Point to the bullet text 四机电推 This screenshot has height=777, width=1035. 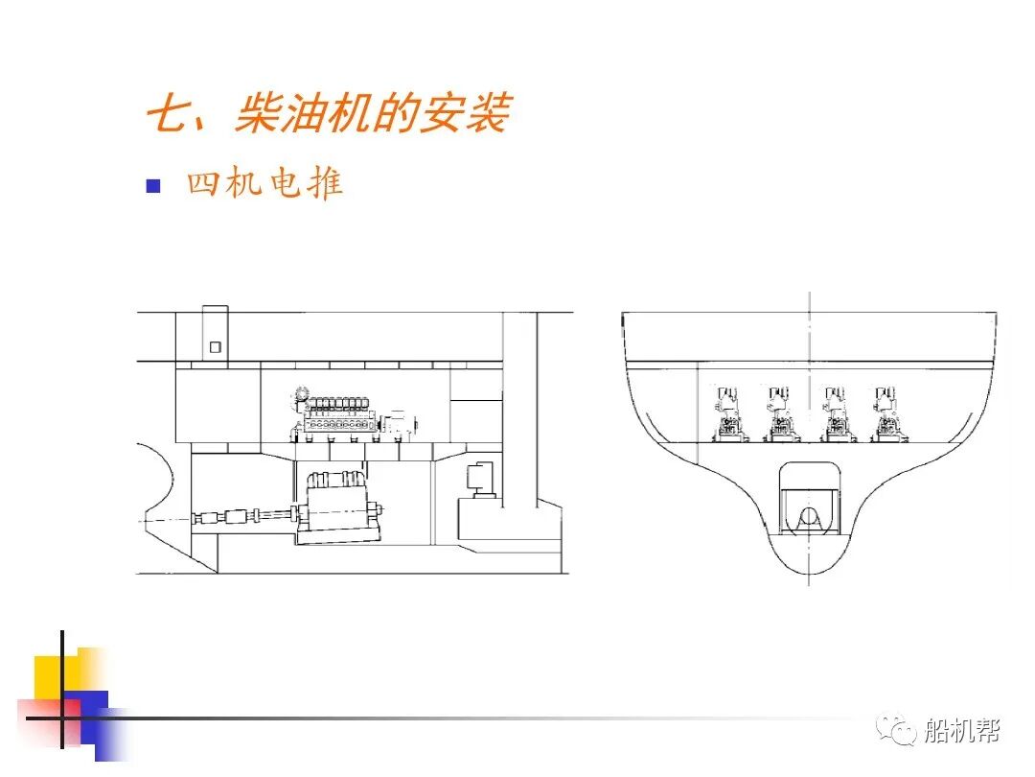pyautogui.click(x=264, y=183)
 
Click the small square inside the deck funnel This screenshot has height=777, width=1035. pyautogui.click(x=216, y=346)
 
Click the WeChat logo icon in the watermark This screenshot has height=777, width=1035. pyautogui.click(x=901, y=731)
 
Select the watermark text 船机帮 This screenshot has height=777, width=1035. pyautogui.click(x=961, y=731)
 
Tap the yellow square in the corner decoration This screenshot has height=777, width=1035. pyautogui.click(x=56, y=676)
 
